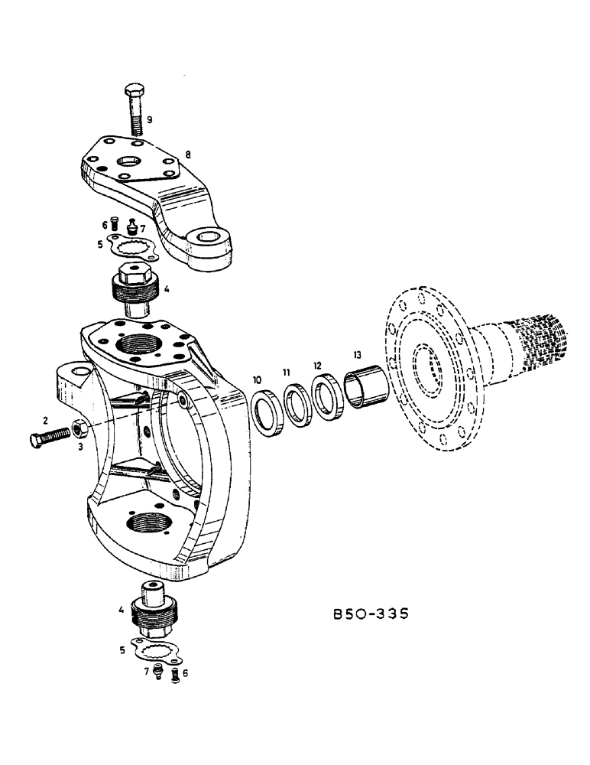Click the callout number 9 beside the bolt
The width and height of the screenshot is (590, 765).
(x=150, y=119)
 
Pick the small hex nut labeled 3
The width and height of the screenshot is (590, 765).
(x=79, y=428)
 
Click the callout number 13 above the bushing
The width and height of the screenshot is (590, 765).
(x=357, y=355)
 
